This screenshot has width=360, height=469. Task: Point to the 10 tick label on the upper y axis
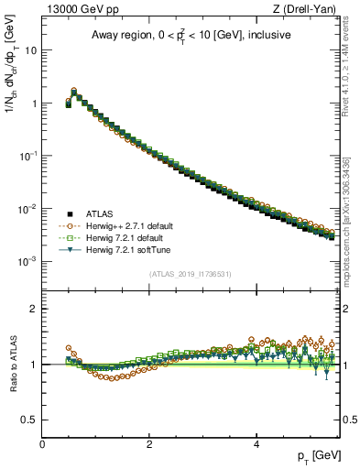tap(30, 50)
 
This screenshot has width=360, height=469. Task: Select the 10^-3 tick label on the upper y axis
tap(28, 261)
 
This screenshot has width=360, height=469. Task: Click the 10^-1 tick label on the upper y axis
tap(28, 156)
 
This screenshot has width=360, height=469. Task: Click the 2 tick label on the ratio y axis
tap(34, 309)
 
